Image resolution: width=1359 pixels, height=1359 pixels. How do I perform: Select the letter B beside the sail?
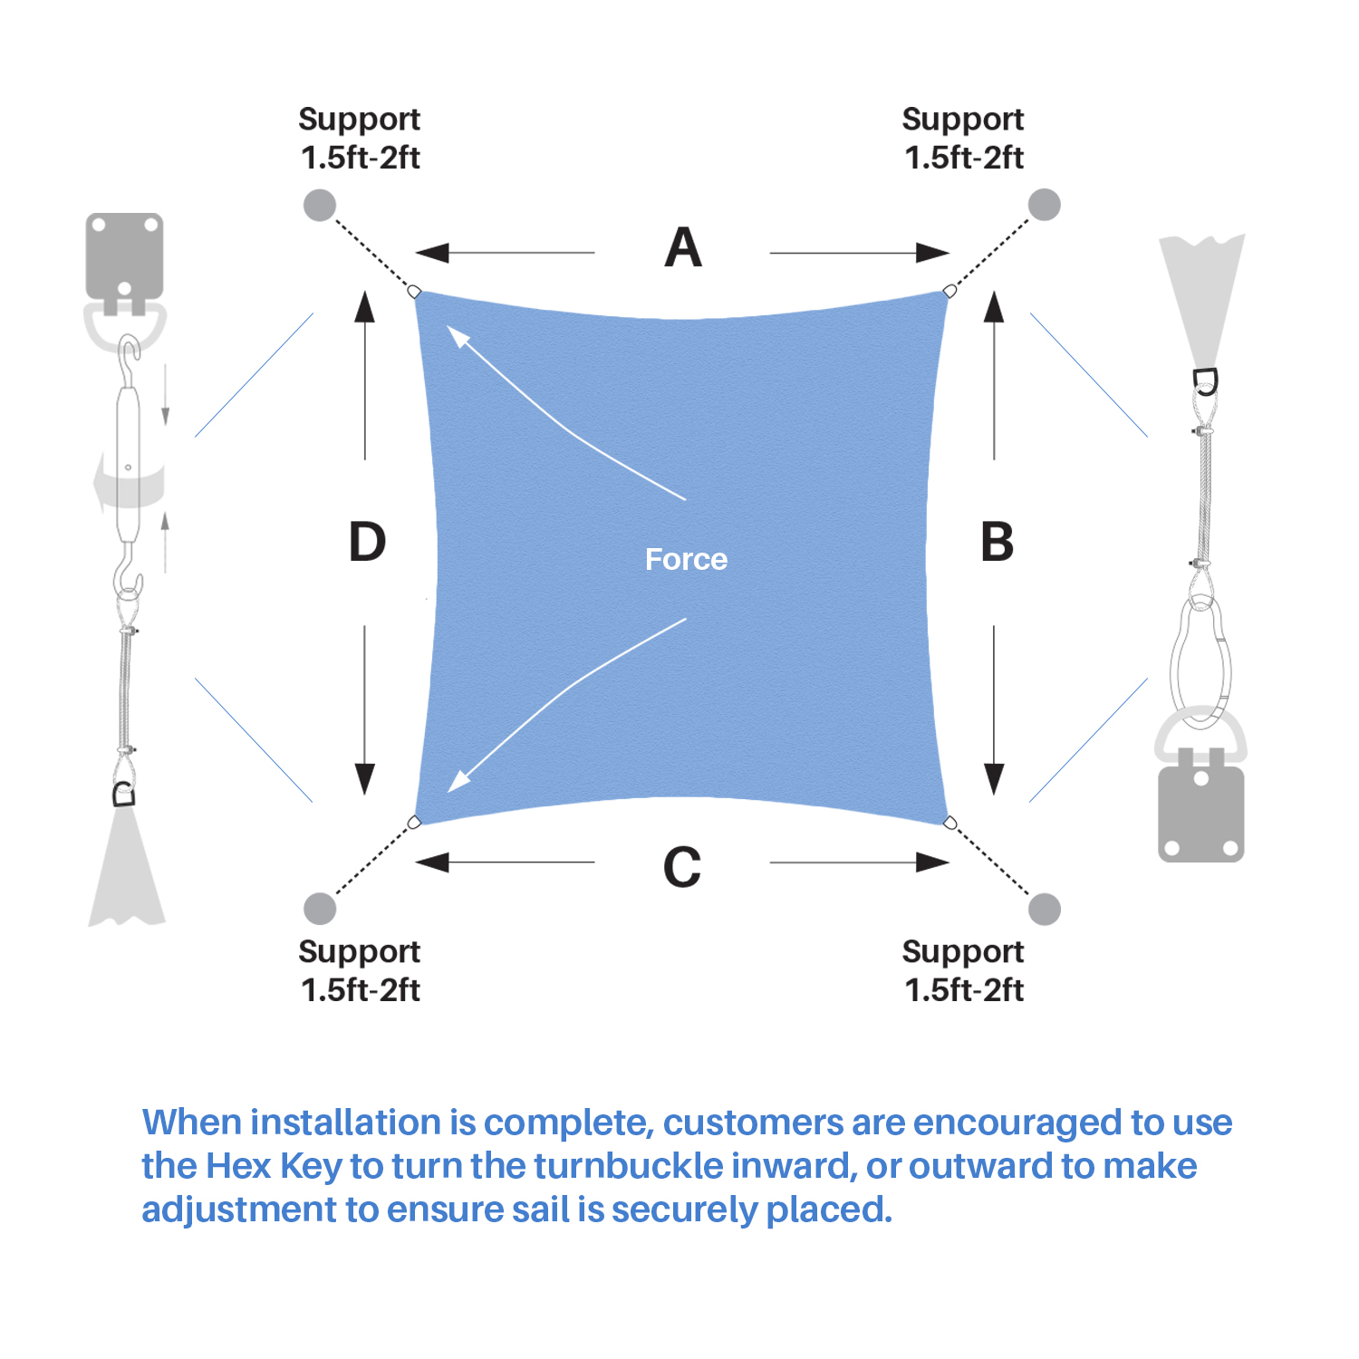(x=997, y=542)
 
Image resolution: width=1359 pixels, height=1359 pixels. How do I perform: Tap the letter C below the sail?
(x=682, y=866)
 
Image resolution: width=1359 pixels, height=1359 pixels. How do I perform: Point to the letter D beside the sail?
(x=367, y=542)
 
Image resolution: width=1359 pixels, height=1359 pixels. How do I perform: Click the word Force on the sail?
(x=686, y=559)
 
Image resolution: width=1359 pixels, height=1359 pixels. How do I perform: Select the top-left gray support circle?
(x=320, y=206)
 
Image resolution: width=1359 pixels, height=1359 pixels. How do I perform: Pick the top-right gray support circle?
(x=1045, y=205)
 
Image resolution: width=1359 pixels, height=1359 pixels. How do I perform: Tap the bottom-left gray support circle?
(x=320, y=908)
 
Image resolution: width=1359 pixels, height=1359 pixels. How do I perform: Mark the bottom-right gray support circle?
(x=1045, y=909)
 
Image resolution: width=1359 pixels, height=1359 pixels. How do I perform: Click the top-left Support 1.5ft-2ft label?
(x=360, y=138)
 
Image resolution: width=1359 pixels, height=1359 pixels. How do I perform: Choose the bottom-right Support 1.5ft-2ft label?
(x=963, y=970)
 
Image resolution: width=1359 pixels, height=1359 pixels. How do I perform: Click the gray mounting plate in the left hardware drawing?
(x=124, y=255)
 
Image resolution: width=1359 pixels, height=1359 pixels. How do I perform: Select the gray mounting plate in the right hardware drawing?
(x=1200, y=814)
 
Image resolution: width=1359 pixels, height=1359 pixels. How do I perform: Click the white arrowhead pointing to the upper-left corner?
(x=458, y=336)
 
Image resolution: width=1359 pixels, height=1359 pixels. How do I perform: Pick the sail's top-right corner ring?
(x=949, y=291)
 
